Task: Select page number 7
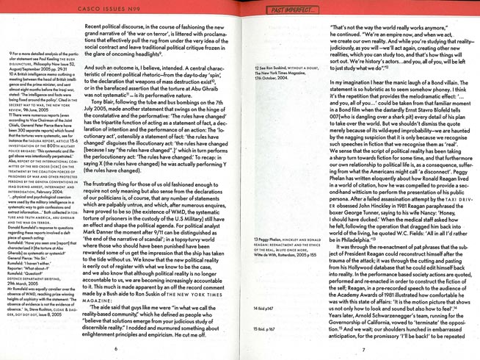pyautogui.click(x=363, y=348)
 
